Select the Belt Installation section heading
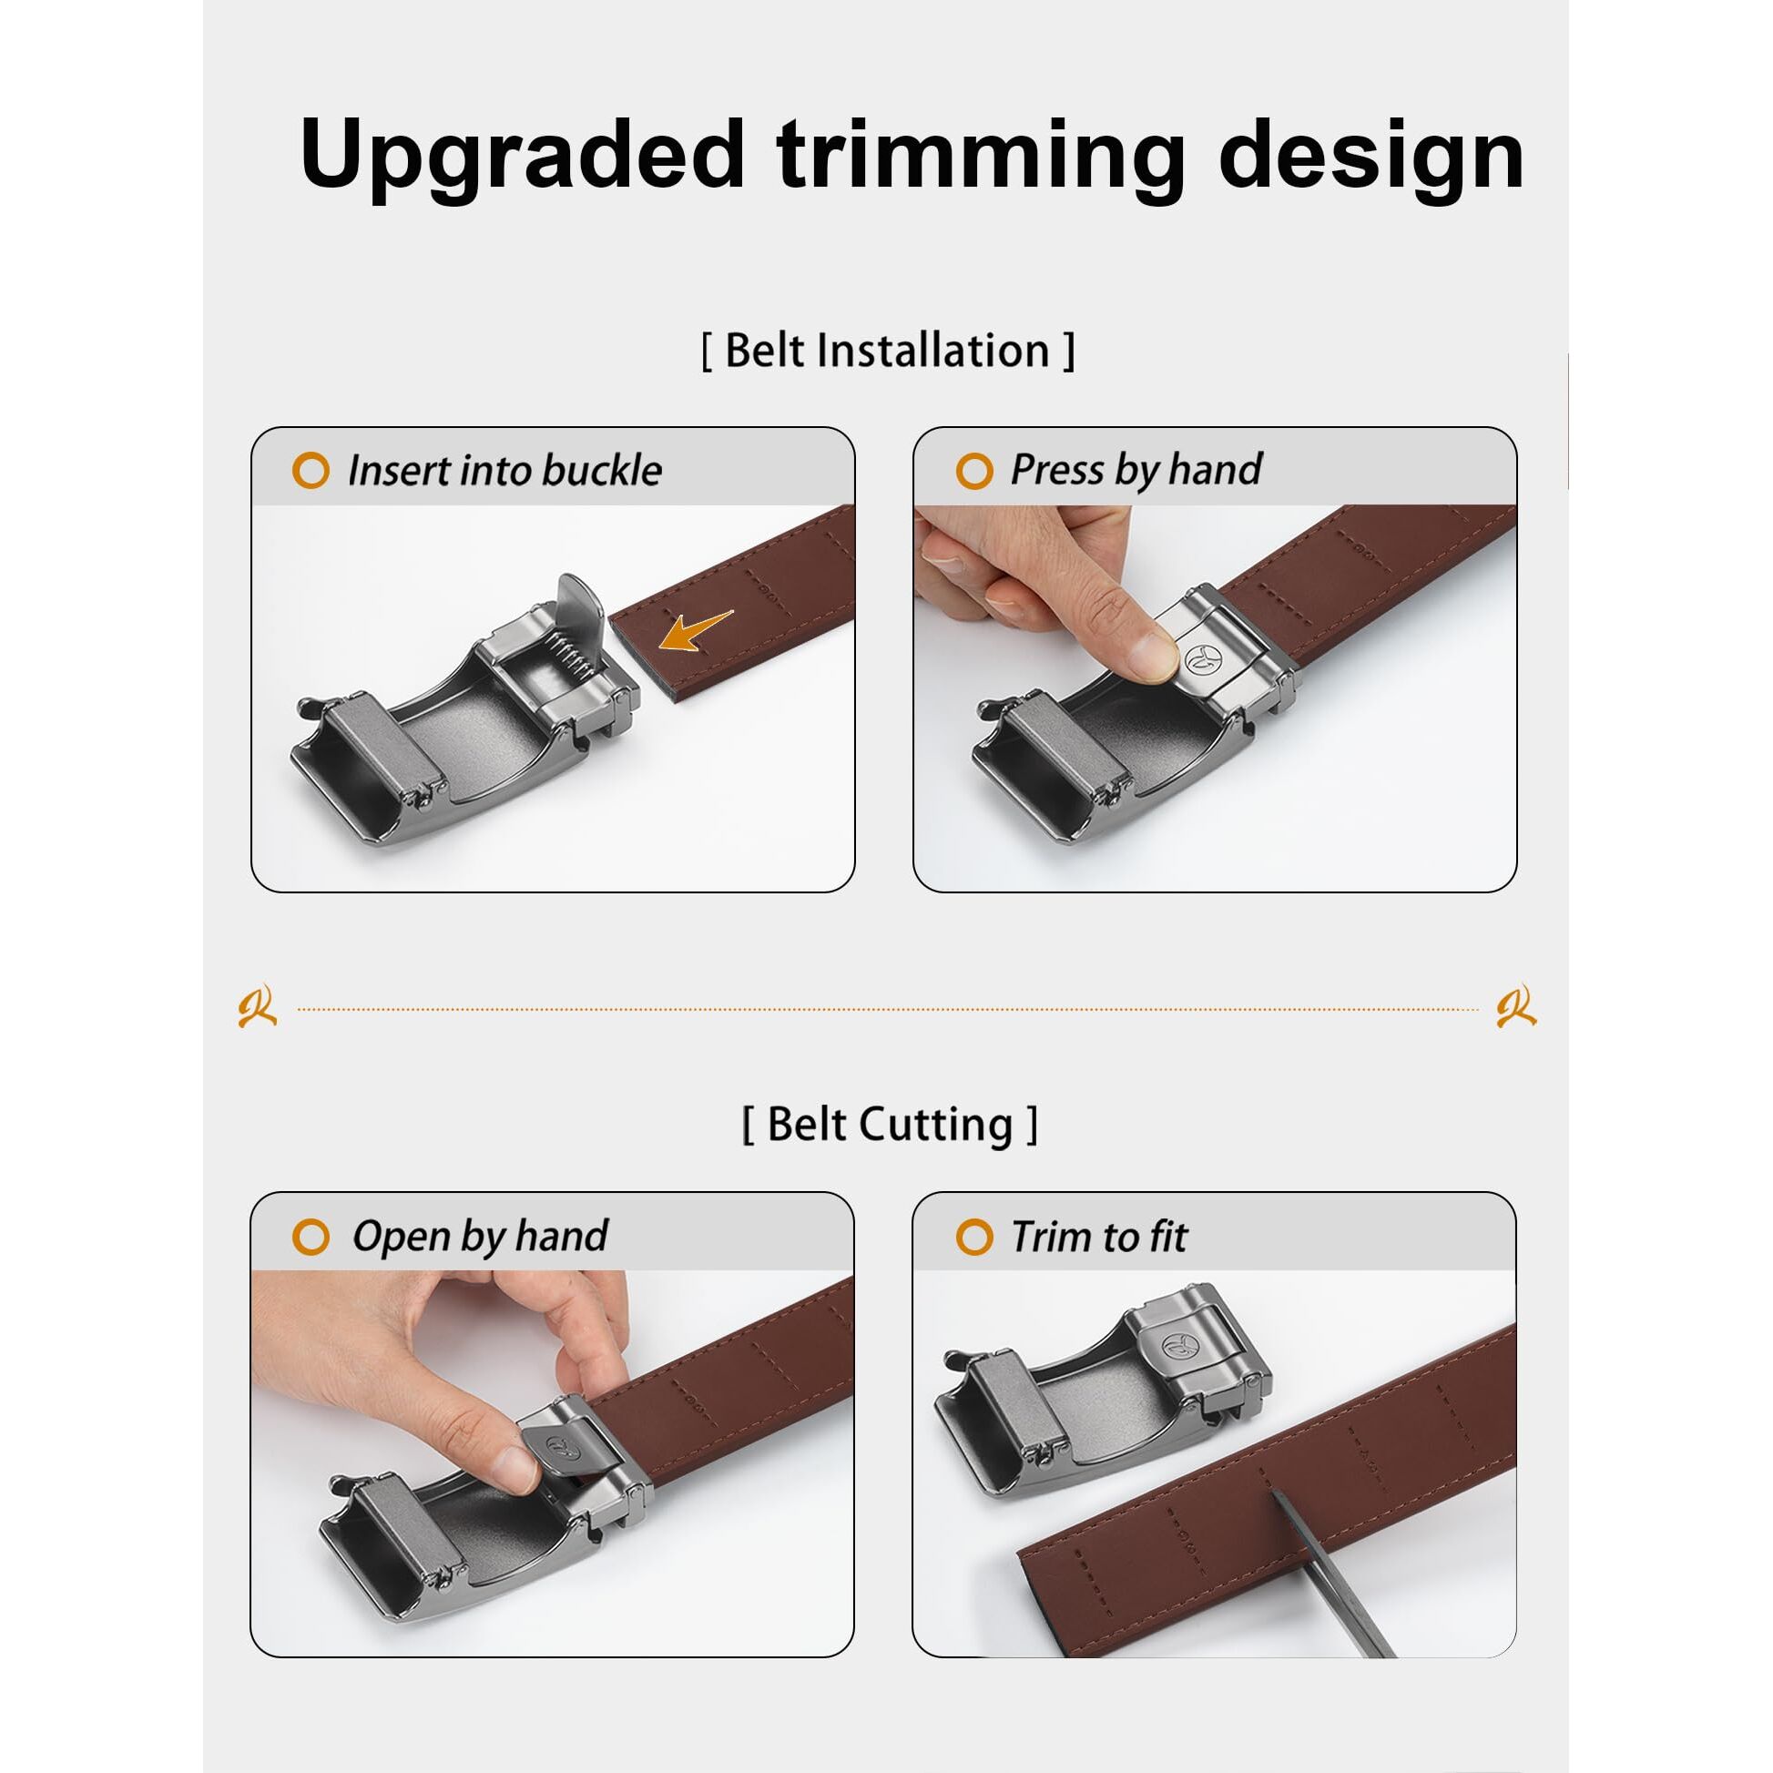click(888, 351)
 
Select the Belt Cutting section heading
click(890, 1125)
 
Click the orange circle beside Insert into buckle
click(311, 470)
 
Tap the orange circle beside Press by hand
click(973, 471)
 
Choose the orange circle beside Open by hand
click(311, 1236)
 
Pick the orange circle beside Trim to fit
click(973, 1236)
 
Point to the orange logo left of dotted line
click(257, 1009)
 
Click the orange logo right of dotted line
click(1516, 1009)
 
